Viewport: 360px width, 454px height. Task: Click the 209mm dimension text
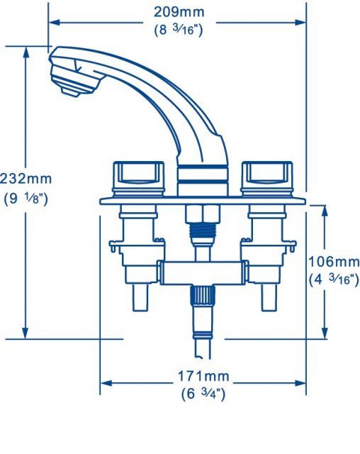177,12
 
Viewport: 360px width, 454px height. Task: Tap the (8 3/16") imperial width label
177,30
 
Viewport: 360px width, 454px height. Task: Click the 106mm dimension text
334,262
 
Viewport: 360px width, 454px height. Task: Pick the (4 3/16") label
334,279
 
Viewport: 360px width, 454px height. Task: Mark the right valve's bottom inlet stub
269,299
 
